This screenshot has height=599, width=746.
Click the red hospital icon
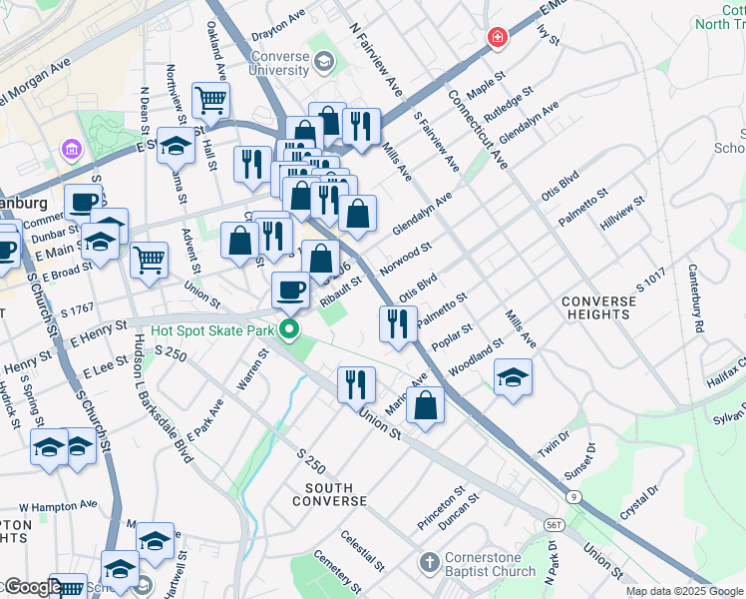click(497, 38)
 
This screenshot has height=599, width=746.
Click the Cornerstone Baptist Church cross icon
click(430, 563)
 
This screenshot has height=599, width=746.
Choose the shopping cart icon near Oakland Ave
click(210, 99)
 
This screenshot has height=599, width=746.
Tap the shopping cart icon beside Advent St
click(149, 259)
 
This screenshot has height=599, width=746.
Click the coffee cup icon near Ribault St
click(290, 289)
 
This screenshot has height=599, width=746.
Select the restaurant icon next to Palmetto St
click(398, 322)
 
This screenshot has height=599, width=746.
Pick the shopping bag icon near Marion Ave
click(425, 404)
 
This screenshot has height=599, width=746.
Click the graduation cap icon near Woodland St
click(513, 376)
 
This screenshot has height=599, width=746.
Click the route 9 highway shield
click(573, 496)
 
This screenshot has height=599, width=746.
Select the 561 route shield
click(556, 523)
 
